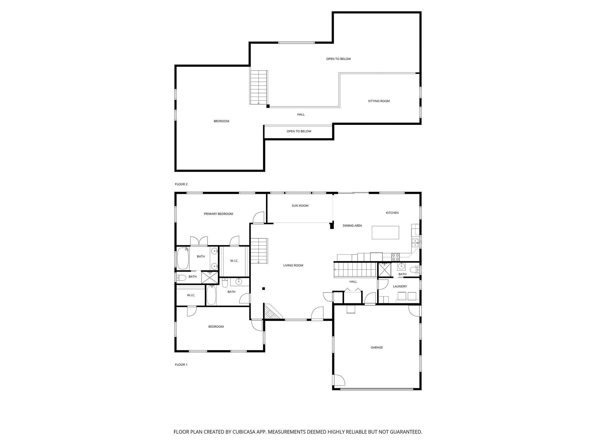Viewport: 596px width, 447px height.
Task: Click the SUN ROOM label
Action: coord(300,206)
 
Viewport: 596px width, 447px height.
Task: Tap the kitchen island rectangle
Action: coord(385,233)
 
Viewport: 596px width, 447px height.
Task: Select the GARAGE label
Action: coord(377,347)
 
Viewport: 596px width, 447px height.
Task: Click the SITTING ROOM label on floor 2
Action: coord(379,101)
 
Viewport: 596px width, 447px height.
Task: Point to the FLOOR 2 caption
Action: coord(181,184)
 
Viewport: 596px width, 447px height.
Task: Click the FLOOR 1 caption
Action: coord(181,365)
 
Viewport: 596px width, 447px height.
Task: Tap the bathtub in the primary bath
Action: coord(183,258)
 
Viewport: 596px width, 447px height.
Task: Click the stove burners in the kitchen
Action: coord(395,257)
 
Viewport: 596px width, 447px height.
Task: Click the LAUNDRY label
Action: coord(400,286)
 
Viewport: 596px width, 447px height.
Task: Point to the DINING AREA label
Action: coord(352,226)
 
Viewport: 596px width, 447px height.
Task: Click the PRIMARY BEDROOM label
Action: coord(218,214)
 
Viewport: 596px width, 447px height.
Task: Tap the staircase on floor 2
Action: coord(259,87)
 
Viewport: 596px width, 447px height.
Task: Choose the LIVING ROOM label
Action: coord(293,265)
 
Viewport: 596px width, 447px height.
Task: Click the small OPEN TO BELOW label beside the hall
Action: coord(299,131)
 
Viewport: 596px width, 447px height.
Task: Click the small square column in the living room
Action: coord(263,289)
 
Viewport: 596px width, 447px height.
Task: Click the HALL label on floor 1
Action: coord(353,282)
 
